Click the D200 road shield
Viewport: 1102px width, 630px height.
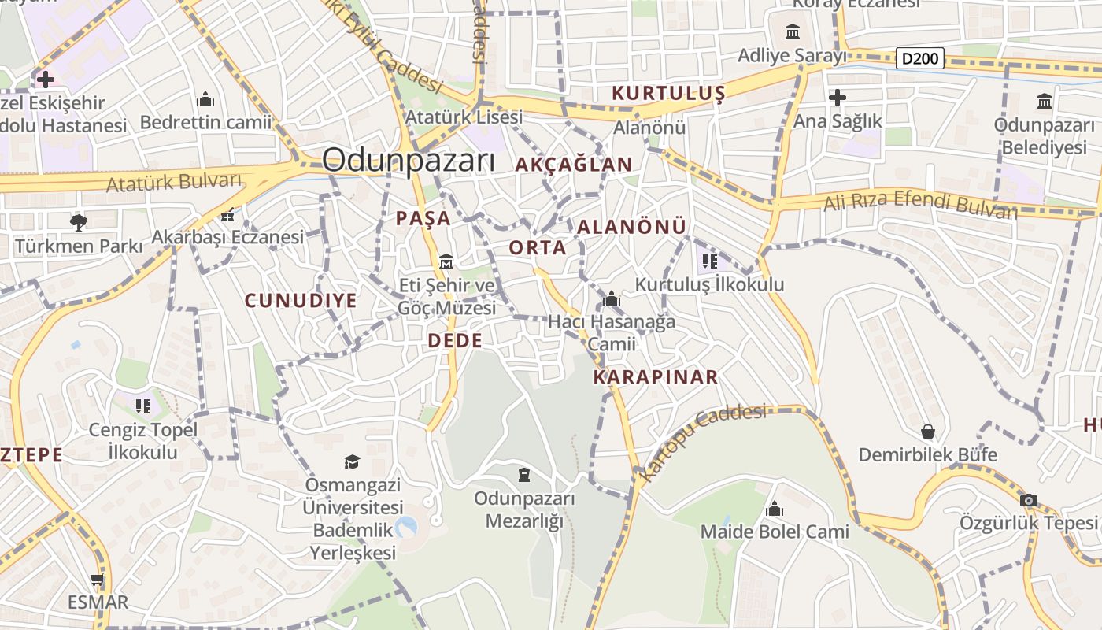click(x=920, y=58)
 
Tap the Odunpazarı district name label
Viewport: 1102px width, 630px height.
click(x=409, y=161)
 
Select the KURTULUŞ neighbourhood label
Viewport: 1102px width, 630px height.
click(x=668, y=94)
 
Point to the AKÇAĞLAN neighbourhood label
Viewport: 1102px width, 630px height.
click(x=574, y=165)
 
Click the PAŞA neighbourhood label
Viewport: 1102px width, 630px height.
click(x=423, y=218)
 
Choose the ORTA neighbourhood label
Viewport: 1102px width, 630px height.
click(x=538, y=247)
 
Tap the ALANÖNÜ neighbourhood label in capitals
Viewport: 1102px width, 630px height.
click(x=632, y=227)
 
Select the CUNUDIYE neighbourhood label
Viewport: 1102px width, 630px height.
click(x=301, y=300)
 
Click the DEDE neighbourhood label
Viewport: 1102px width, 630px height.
click(x=455, y=340)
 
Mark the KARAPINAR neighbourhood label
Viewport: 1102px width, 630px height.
click(x=656, y=376)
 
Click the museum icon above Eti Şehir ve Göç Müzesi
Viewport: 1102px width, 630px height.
click(x=446, y=261)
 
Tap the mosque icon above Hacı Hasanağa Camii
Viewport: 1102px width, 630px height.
click(x=612, y=299)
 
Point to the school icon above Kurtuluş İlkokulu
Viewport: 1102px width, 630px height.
click(x=709, y=261)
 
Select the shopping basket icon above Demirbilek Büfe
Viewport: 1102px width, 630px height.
click(x=928, y=432)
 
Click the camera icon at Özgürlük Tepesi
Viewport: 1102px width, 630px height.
click(x=1028, y=500)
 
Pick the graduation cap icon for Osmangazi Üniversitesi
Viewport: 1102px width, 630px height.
click(x=352, y=461)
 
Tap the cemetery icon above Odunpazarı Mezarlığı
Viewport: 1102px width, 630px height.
click(x=524, y=475)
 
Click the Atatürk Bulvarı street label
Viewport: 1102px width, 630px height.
click(x=174, y=182)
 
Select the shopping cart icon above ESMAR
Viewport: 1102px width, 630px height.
click(x=97, y=580)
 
